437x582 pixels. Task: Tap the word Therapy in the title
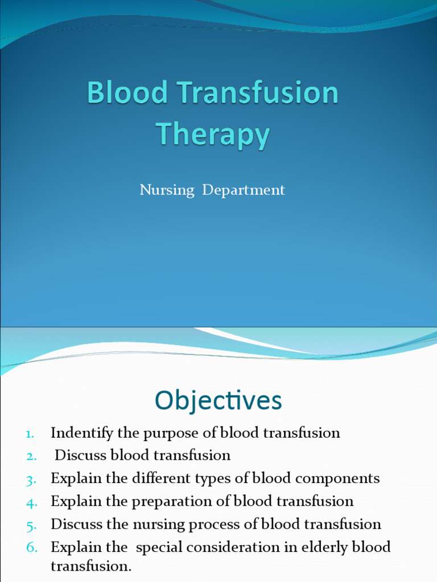click(x=213, y=135)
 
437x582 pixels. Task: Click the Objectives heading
click(x=218, y=401)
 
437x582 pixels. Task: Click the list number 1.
click(x=31, y=434)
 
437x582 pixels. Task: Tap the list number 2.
click(x=31, y=456)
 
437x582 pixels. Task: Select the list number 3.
click(x=31, y=479)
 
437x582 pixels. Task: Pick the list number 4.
click(x=31, y=502)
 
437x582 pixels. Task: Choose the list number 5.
click(x=31, y=525)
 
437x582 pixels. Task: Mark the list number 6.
click(x=31, y=547)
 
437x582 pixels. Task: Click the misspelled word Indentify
click(x=82, y=433)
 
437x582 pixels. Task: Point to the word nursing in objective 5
click(x=158, y=524)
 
